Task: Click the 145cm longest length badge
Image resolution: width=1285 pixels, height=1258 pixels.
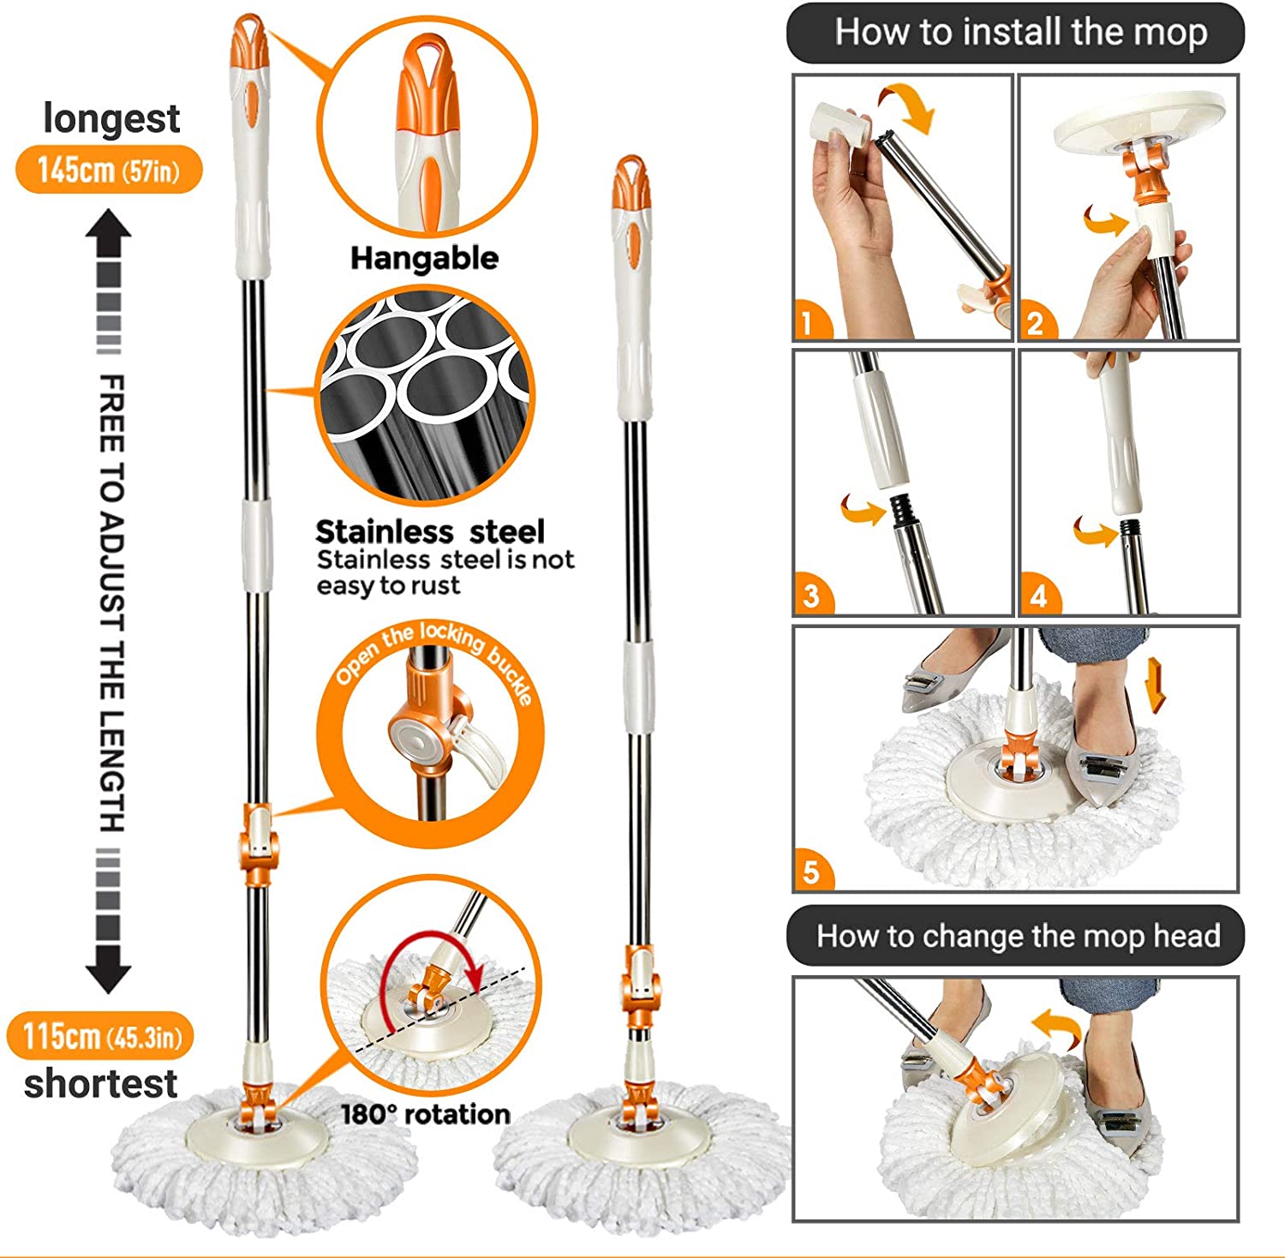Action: (109, 170)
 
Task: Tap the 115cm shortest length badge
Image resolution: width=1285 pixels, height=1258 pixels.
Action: (100, 1036)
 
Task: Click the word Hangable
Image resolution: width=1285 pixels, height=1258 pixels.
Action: (424, 258)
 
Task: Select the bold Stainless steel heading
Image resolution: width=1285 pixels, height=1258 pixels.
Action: (430, 531)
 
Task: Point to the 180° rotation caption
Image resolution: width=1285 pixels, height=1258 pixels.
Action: (426, 1114)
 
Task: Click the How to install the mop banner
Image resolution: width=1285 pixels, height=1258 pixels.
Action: (1015, 33)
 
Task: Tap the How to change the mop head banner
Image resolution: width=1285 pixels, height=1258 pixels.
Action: (1016, 936)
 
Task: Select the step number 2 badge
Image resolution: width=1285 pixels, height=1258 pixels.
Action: (1036, 322)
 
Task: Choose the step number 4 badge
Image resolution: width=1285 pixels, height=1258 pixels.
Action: (1038, 595)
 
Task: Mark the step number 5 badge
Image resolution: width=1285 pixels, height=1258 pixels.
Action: (811, 872)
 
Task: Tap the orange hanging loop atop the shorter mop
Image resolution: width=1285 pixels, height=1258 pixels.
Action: (630, 177)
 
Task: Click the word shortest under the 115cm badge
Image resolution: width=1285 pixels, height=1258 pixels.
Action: (100, 1084)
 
